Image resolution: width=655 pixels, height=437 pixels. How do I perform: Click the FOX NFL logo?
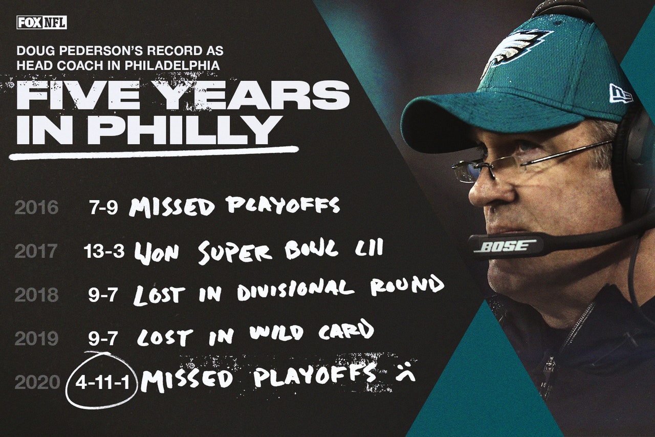42,23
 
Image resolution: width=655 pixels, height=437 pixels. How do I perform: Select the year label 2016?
36,208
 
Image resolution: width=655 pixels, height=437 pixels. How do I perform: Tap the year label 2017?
36,251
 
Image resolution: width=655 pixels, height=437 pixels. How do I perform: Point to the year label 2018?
36,295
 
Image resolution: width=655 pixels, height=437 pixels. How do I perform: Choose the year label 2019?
36,338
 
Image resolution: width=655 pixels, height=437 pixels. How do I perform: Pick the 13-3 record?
104,251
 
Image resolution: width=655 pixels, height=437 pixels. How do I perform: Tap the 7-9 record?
103,208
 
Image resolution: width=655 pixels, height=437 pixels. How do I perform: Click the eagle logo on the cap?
517,50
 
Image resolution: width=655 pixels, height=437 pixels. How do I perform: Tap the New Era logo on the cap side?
620,93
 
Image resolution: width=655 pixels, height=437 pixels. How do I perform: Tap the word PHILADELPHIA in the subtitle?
172,65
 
